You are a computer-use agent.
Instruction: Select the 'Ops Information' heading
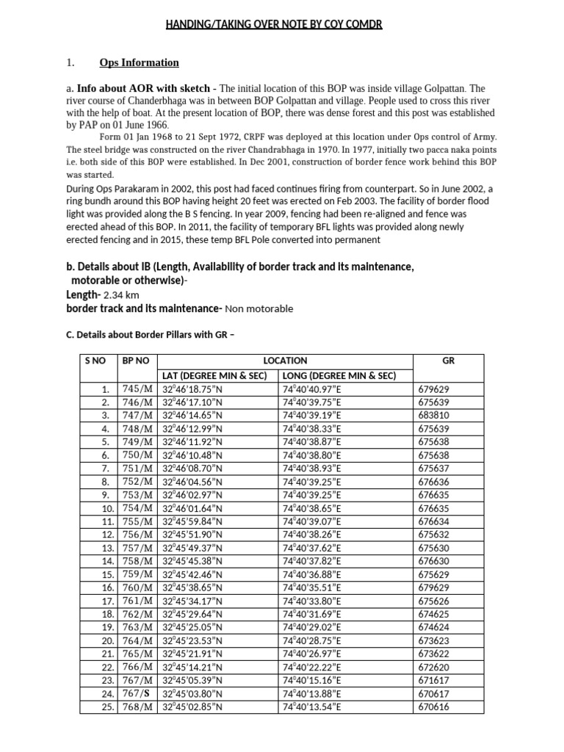[x=139, y=62]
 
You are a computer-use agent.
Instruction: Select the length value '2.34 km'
[x=121, y=295]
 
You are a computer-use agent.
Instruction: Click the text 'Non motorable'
[x=258, y=309]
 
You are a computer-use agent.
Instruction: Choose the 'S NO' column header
[x=97, y=361]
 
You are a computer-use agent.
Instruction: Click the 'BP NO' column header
[x=137, y=361]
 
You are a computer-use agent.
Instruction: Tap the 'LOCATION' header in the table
[x=286, y=361]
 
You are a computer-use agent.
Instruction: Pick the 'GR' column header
[x=449, y=361]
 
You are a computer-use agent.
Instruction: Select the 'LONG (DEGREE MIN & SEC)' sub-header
[x=339, y=375]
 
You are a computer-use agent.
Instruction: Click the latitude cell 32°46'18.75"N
[x=192, y=388]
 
